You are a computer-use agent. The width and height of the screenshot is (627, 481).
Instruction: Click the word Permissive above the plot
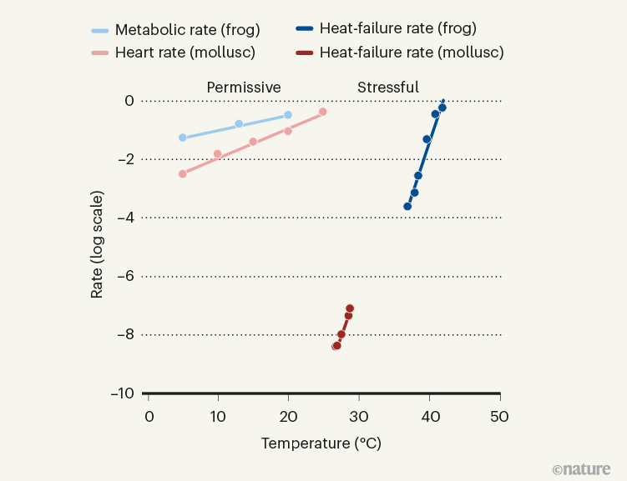[244, 88]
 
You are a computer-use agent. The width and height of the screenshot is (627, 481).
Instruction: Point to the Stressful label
[388, 88]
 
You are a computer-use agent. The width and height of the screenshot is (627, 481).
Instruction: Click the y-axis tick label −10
[121, 393]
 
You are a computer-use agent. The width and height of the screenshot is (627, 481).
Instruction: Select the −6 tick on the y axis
[124, 277]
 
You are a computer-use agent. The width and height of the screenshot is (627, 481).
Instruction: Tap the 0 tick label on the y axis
[129, 101]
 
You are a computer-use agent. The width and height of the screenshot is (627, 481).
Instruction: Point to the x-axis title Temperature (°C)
[321, 443]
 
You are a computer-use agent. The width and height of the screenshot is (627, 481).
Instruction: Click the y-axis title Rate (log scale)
[98, 245]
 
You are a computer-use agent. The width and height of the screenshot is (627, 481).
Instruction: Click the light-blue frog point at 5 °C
[183, 138]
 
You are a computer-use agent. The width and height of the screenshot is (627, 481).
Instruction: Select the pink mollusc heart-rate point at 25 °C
[323, 112]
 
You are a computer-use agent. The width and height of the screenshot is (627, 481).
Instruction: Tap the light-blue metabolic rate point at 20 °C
[288, 115]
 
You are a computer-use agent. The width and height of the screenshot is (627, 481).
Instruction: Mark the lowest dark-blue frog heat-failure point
[407, 206]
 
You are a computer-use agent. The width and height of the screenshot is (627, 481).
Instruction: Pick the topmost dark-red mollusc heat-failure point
[350, 308]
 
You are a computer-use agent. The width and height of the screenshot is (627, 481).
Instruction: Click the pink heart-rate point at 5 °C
[183, 173]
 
